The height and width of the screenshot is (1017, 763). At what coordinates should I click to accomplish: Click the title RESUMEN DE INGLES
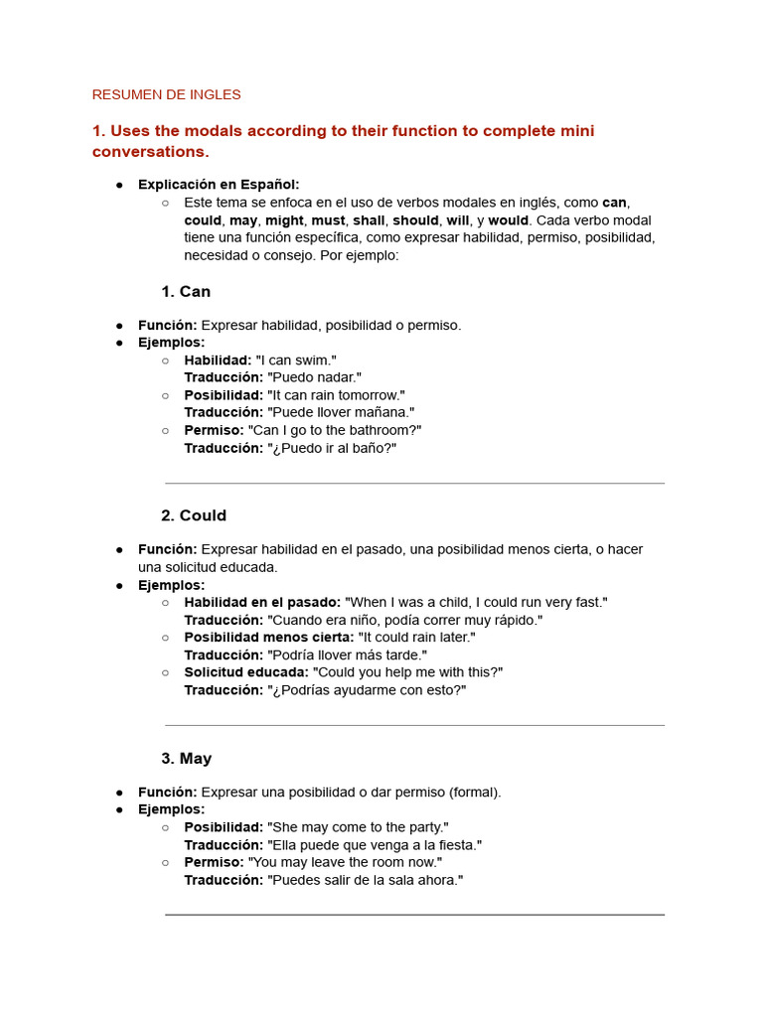(x=166, y=95)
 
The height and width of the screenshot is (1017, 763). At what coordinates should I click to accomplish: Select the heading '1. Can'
(x=186, y=292)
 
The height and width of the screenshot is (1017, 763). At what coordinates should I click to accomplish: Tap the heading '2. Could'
(x=194, y=515)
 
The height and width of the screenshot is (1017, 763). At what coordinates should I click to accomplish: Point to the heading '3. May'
(x=187, y=759)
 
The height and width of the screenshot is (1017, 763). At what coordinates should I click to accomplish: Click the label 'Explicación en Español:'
(x=219, y=185)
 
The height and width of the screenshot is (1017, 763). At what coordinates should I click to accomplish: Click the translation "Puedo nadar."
(x=314, y=377)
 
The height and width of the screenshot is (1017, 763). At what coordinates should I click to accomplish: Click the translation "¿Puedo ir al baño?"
(x=332, y=448)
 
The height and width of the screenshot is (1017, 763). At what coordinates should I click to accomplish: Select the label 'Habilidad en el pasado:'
(x=262, y=603)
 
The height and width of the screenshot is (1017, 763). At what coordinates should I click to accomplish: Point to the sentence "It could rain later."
(x=416, y=638)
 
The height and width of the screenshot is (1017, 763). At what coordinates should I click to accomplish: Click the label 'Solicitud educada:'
(x=246, y=672)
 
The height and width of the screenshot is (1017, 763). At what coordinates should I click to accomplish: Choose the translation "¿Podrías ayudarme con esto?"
(x=367, y=690)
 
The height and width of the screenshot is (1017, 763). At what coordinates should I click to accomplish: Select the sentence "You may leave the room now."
(x=345, y=862)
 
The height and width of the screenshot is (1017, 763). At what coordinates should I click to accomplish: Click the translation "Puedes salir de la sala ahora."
(x=366, y=880)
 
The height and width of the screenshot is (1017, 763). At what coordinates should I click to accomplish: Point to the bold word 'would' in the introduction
(x=509, y=220)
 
